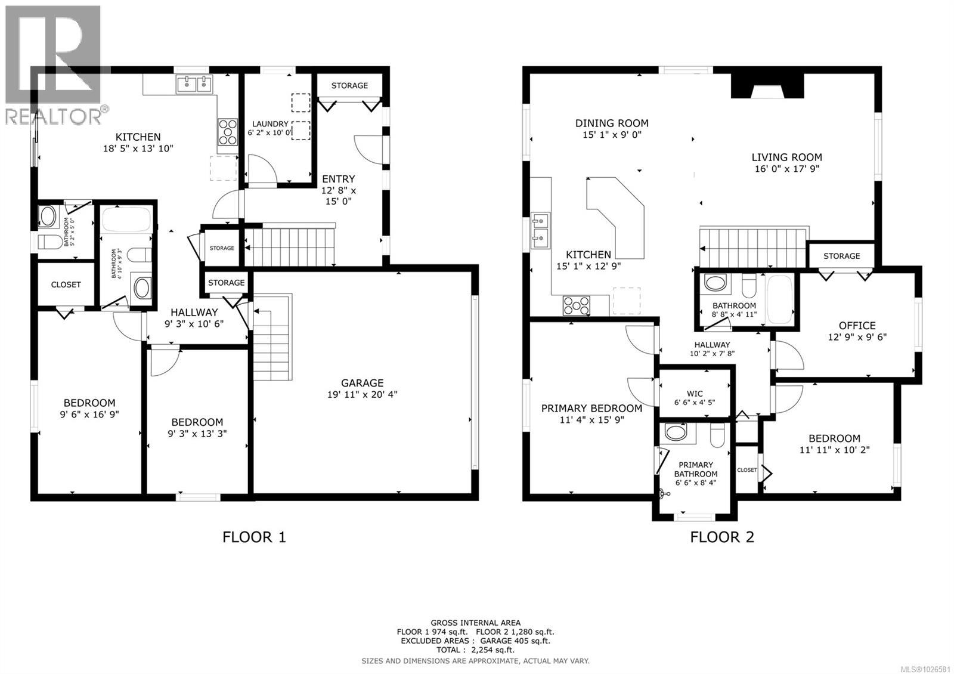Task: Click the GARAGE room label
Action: [362, 383]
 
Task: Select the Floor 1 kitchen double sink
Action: [194, 85]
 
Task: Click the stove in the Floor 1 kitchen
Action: [227, 132]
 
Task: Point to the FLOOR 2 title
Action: [722, 537]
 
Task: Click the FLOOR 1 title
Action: [254, 537]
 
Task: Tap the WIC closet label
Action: [694, 394]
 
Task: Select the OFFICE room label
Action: [857, 326]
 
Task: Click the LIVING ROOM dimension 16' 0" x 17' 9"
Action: [786, 169]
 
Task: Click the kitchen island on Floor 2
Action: [618, 215]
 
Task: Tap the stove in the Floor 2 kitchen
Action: [576, 306]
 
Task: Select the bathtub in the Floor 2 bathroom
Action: [779, 299]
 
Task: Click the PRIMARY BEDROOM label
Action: [591, 409]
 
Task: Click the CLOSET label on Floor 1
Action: [66, 285]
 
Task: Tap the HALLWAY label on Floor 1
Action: [194, 312]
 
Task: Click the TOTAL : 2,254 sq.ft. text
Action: [475, 650]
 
